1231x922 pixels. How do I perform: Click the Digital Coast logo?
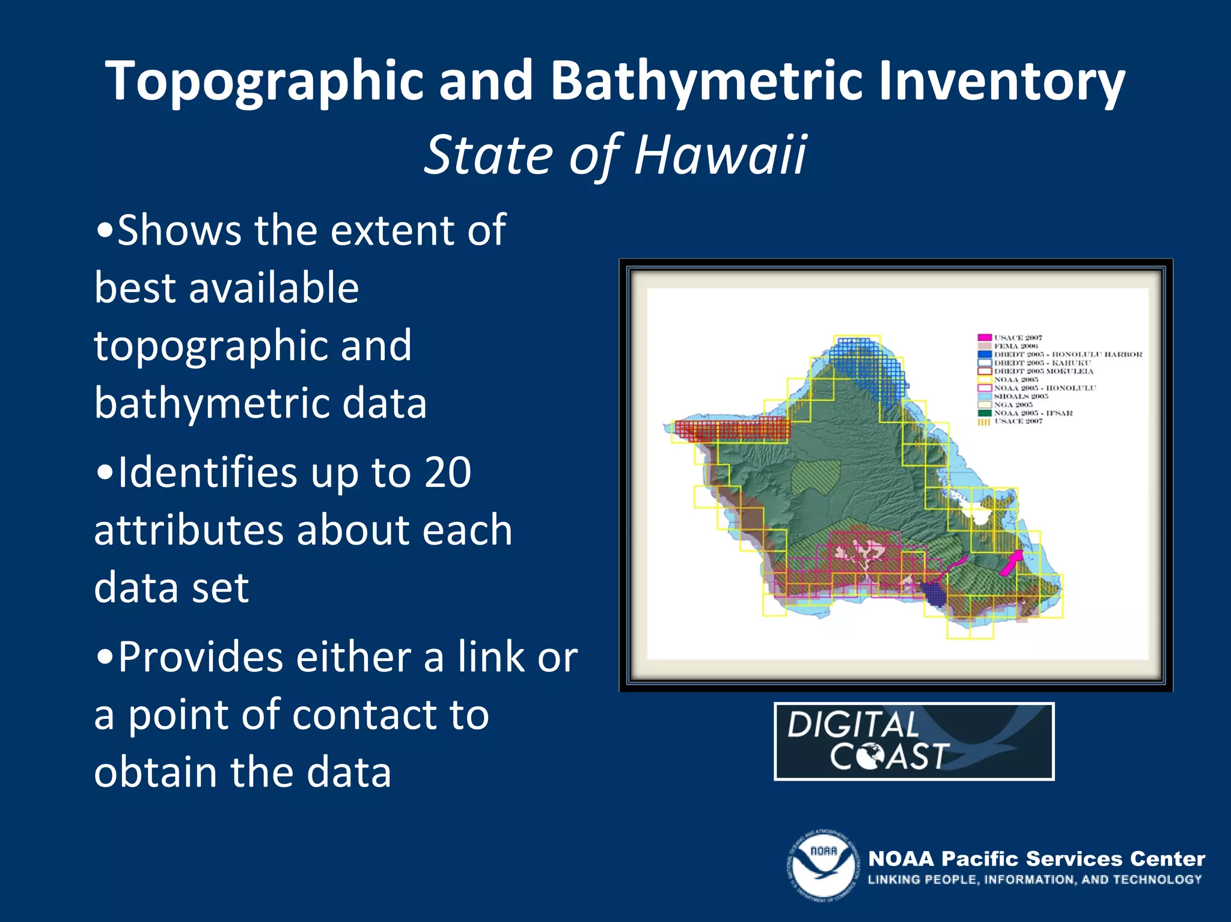pos(914,741)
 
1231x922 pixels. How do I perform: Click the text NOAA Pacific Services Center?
pos(1036,859)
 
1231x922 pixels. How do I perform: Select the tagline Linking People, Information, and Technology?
pos(1034,879)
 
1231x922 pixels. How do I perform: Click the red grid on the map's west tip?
pos(730,429)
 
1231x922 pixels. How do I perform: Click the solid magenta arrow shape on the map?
pos(1012,561)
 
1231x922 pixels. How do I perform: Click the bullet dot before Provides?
pos(105,658)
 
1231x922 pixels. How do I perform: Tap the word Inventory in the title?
pos(1001,81)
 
